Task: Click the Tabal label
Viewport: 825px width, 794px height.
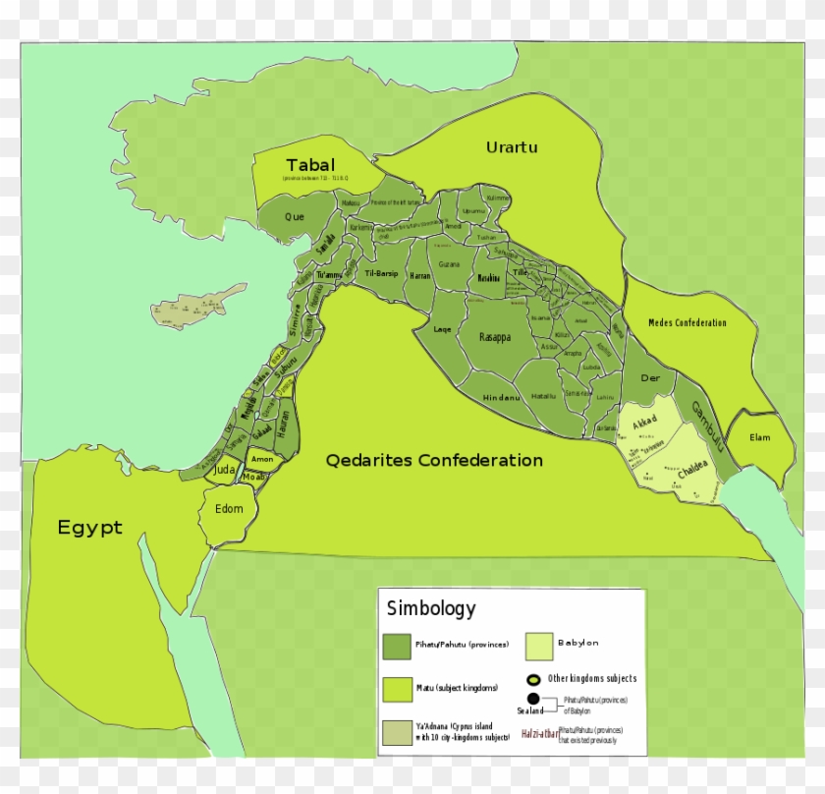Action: (309, 164)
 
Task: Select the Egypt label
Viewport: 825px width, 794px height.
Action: (89, 528)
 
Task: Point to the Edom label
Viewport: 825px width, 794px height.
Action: (228, 508)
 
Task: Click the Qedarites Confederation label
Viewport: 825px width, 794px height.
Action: (434, 460)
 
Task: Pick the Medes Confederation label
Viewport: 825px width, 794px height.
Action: (687, 322)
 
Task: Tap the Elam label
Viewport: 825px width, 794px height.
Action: (760, 437)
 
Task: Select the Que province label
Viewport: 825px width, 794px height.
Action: (294, 216)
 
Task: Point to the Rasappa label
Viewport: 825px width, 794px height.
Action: (495, 337)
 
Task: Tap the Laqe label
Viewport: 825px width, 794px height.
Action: (442, 329)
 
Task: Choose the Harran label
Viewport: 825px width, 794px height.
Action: (420, 275)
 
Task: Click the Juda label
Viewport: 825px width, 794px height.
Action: (225, 471)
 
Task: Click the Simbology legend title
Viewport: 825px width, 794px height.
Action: (430, 608)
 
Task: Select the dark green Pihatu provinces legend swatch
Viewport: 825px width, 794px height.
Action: (397, 646)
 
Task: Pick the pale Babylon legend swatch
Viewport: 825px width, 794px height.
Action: (539, 646)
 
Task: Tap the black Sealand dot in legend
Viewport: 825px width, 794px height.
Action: (533, 699)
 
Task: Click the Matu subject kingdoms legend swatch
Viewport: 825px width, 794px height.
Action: (397, 688)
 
